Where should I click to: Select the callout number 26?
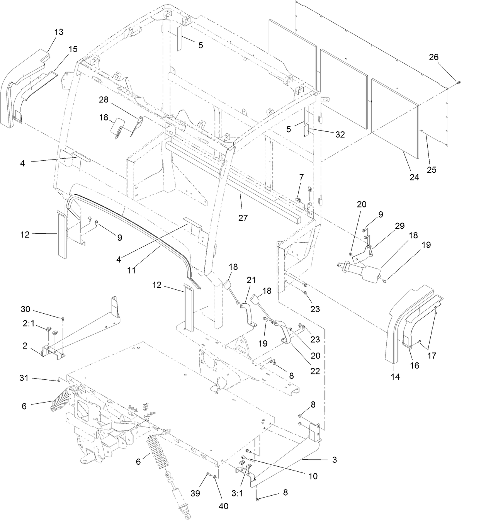coord(434,57)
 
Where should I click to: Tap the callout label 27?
coord(243,218)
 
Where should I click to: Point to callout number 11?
coord(132,270)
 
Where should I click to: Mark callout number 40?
coord(224,506)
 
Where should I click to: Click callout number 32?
coord(340,134)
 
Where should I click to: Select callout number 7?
coord(301,177)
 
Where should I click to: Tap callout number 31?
coord(24,378)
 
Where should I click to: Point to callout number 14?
coord(395,377)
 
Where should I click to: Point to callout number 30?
coord(25,309)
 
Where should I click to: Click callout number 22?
coord(315,370)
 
